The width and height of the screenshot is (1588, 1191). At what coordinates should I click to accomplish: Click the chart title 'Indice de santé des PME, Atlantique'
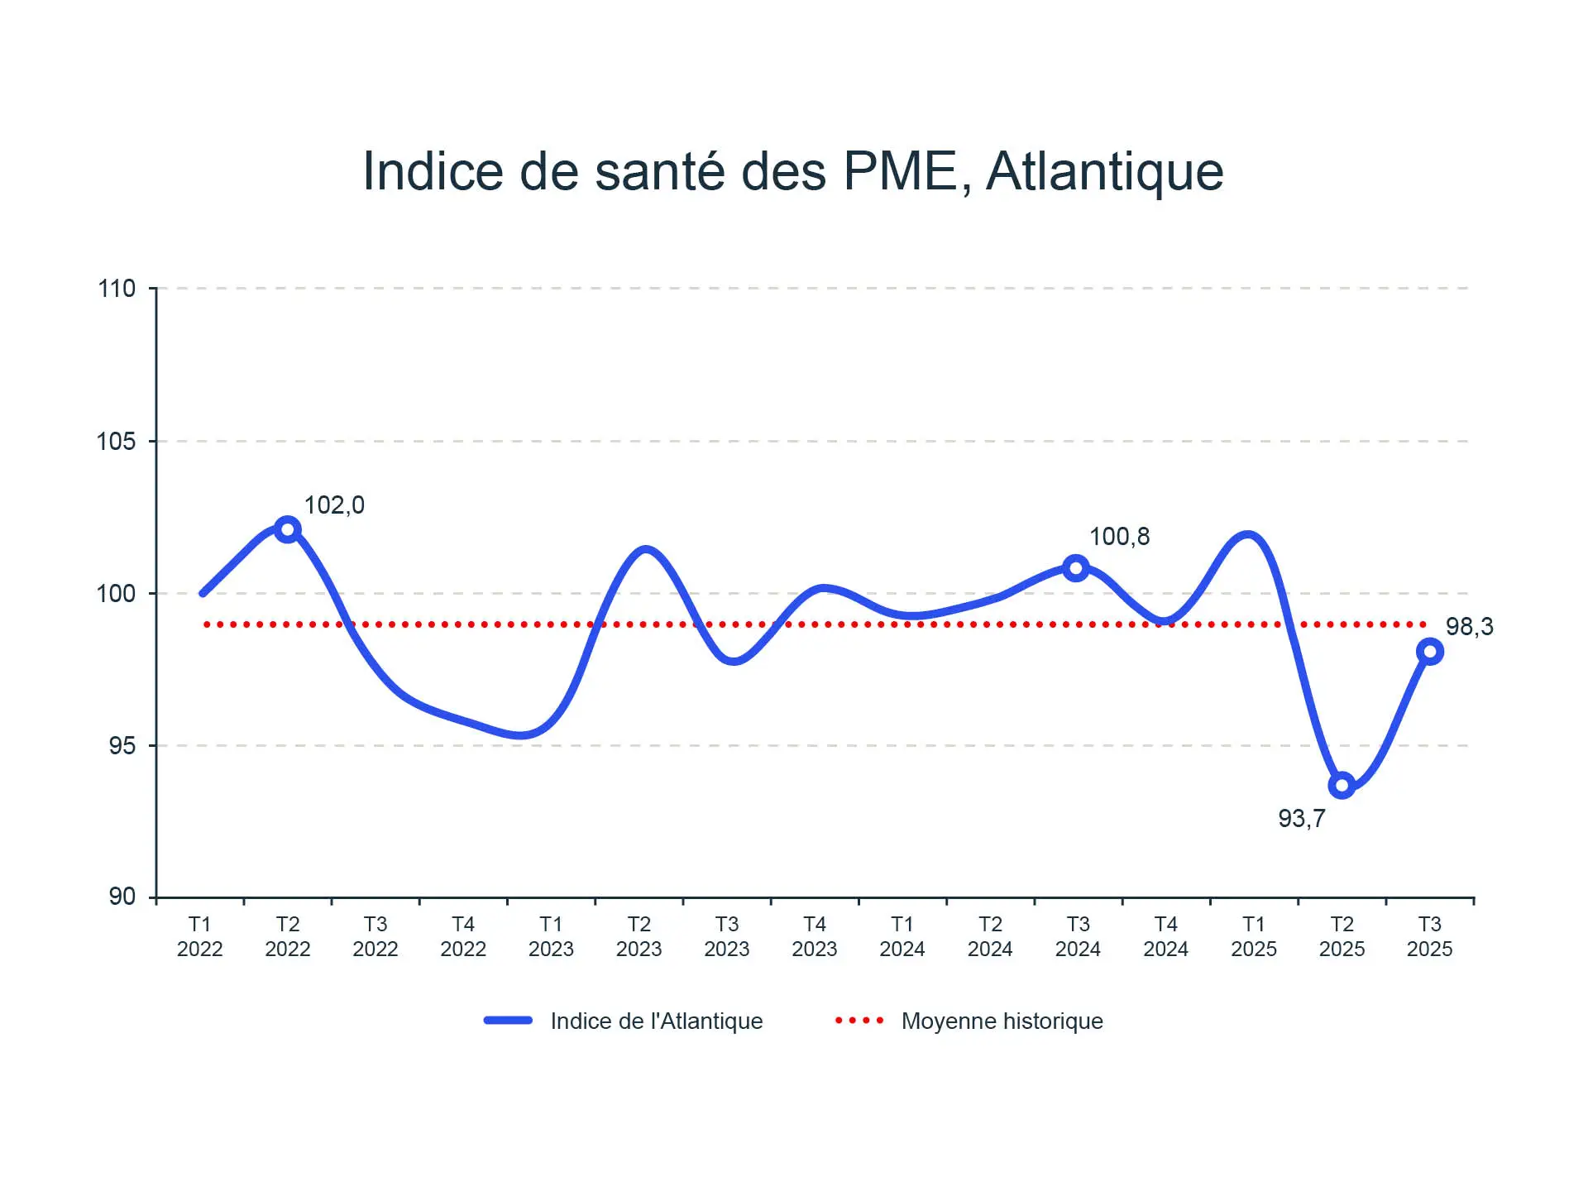click(x=792, y=171)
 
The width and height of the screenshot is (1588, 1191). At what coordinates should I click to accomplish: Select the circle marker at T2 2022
click(x=287, y=529)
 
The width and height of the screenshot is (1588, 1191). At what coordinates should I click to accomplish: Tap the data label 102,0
click(x=334, y=505)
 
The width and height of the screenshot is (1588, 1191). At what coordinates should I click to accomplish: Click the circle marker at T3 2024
click(x=1075, y=568)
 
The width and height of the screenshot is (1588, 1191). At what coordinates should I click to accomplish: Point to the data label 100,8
click(x=1119, y=537)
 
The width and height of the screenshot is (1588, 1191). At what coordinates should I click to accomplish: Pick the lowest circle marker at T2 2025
click(x=1342, y=785)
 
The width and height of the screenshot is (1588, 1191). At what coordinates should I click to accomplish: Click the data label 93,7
click(x=1301, y=818)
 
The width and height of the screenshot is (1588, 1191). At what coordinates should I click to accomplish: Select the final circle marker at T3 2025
click(x=1429, y=652)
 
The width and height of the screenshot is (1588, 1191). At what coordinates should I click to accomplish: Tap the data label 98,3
click(x=1469, y=627)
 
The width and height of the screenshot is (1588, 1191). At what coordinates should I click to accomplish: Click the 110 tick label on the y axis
click(x=117, y=289)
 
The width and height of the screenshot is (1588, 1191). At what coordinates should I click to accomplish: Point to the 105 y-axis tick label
click(x=117, y=441)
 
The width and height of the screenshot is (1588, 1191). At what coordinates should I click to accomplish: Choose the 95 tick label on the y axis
click(x=122, y=745)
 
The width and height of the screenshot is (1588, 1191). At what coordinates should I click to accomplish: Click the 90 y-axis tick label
click(x=122, y=897)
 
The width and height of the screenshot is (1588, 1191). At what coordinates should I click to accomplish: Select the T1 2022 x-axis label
click(x=199, y=936)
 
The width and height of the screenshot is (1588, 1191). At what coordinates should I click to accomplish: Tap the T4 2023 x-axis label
click(x=814, y=936)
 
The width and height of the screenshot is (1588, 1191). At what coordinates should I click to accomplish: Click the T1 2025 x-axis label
click(x=1253, y=936)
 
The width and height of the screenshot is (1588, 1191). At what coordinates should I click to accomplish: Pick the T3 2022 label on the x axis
click(x=375, y=936)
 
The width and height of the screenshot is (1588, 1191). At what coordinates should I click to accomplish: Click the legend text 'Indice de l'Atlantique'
click(x=656, y=1021)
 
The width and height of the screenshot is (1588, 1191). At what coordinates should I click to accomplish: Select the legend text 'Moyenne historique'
click(x=1002, y=1021)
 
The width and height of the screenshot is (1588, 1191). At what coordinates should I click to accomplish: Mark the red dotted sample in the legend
click(x=859, y=1021)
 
